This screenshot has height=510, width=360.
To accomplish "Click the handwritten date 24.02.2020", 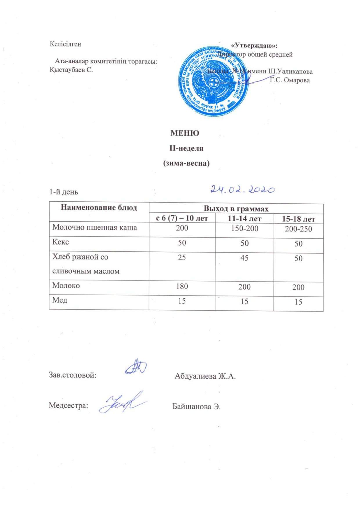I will coord(242,190).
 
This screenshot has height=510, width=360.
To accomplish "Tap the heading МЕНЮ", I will coord(185,133).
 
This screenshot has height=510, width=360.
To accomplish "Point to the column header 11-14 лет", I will coord(244,218).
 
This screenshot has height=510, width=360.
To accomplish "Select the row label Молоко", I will coord(66,285).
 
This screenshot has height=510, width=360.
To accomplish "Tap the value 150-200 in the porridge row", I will coord(244,228).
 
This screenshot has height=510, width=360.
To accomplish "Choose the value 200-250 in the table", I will coord(298,229).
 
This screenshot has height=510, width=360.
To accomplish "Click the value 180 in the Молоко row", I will coord(182,286).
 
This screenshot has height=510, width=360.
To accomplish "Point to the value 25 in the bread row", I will coord(182,257).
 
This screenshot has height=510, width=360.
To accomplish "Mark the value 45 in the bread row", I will coord(244,258).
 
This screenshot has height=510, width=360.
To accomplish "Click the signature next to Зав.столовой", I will coord(136,366).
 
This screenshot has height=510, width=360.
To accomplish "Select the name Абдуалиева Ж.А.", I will coord(205,377).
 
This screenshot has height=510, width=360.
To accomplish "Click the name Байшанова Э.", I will coord(197,406).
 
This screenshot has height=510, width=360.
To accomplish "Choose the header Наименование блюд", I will coord(99,208).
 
